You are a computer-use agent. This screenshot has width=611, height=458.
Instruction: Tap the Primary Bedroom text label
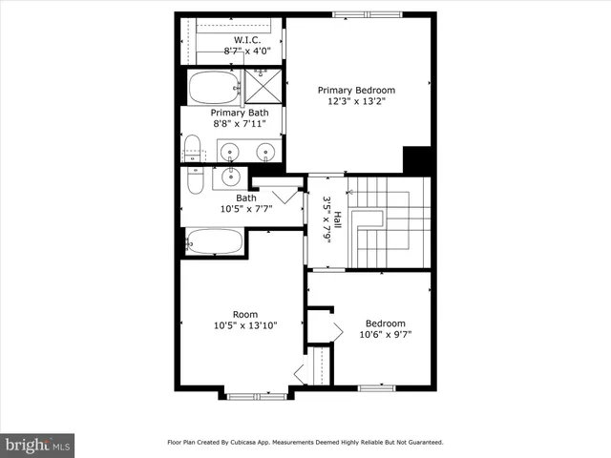pos(356,91)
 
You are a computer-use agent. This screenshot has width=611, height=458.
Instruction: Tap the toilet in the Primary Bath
pos(192,150)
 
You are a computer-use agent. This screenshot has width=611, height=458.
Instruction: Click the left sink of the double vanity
pos(232,151)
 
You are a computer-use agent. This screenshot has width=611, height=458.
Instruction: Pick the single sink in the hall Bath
pos(230,177)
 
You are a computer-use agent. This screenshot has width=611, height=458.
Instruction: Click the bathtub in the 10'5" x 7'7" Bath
pos(214,241)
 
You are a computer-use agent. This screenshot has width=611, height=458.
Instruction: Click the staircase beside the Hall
pos(388,222)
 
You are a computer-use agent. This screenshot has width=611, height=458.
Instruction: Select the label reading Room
pos(245,314)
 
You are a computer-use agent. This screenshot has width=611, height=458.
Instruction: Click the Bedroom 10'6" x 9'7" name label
pos(386,323)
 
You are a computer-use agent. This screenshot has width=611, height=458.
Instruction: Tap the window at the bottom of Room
pos(257,394)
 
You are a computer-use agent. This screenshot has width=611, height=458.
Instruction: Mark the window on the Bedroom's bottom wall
pos(377,387)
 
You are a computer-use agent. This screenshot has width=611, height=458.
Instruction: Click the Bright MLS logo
pos(38,445)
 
